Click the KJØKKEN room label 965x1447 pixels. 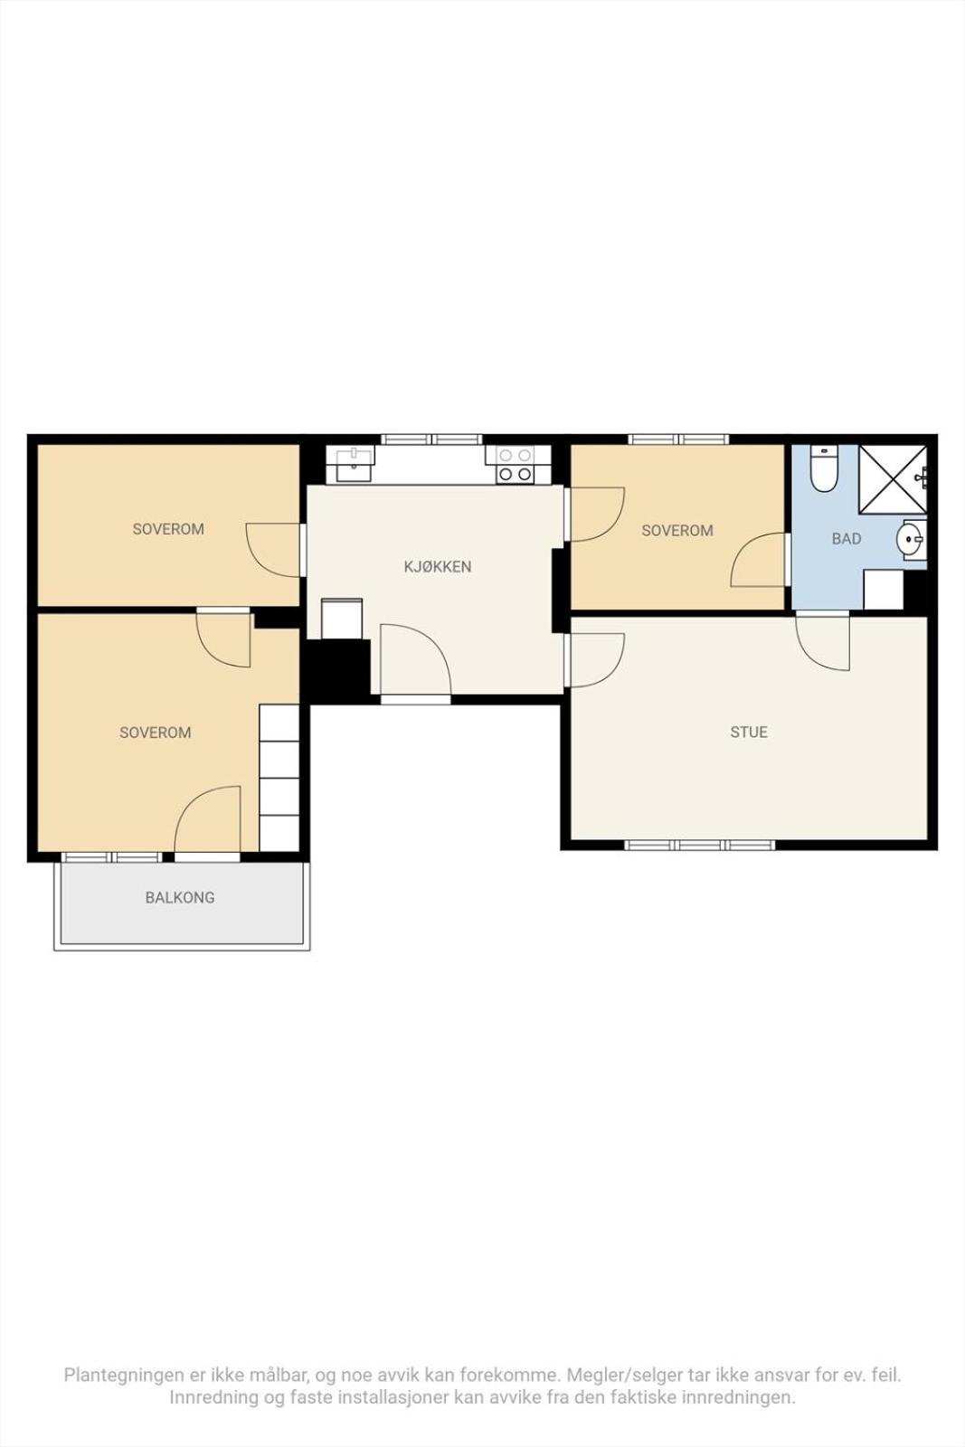tap(438, 566)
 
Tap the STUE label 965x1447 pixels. tap(749, 732)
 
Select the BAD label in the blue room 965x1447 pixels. tap(847, 538)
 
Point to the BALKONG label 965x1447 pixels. tap(180, 897)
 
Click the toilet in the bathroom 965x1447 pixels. tap(824, 468)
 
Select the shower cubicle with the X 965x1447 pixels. tap(893, 479)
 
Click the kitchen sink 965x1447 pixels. tap(355, 463)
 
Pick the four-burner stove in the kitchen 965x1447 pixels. tap(515, 465)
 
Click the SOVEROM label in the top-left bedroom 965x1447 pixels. tap(168, 529)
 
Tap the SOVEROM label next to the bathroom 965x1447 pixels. tap(676, 530)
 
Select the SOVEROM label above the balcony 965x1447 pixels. tap(155, 733)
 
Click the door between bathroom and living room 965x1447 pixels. tap(822, 643)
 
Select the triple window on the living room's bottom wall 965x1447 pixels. tap(699, 845)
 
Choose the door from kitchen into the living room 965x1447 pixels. tap(594, 660)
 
